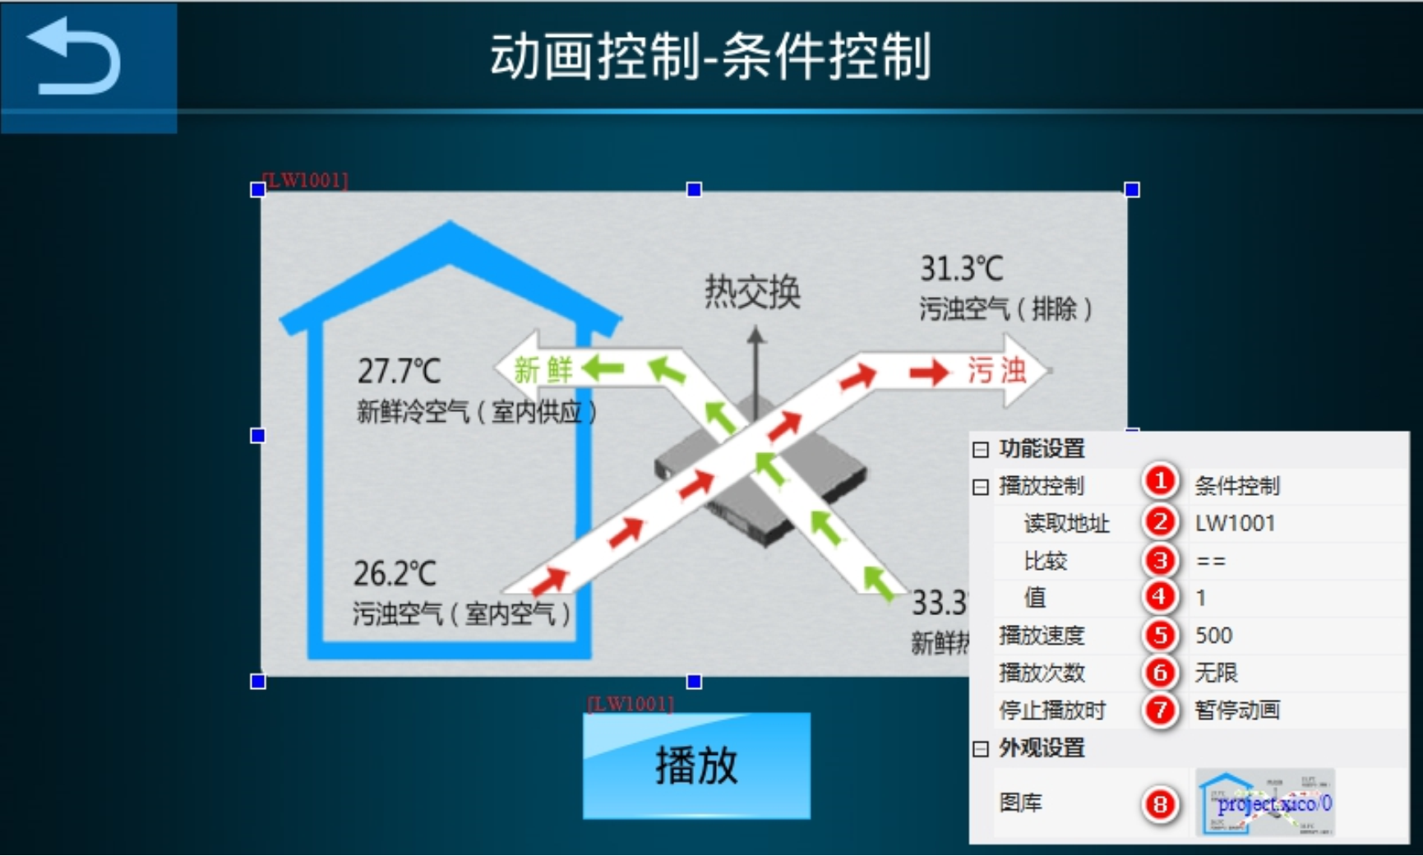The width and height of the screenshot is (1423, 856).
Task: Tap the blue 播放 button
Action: tap(696, 766)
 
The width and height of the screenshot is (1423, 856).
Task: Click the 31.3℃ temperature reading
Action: tap(961, 269)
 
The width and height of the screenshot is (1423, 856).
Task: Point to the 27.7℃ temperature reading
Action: tap(399, 371)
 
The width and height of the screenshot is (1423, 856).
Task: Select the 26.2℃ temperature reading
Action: tap(395, 573)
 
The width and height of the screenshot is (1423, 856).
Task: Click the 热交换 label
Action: tap(752, 292)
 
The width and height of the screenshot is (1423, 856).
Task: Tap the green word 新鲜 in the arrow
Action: tap(543, 369)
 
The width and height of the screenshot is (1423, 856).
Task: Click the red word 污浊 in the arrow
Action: tap(996, 371)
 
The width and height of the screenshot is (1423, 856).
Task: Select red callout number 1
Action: tap(1160, 481)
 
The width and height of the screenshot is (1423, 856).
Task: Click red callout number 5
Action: tap(1160, 635)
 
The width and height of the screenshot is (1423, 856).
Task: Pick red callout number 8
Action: tap(1160, 803)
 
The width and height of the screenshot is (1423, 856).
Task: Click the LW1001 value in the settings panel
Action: tap(1235, 523)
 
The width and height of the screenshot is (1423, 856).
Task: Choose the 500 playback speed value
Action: tap(1213, 635)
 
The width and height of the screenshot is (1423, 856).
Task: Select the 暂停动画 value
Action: tap(1236, 710)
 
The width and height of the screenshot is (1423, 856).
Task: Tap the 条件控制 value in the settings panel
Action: tap(1236, 486)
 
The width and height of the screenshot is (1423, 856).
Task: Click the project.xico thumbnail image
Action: tap(1265, 803)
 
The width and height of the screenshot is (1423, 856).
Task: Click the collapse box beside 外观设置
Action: tap(980, 748)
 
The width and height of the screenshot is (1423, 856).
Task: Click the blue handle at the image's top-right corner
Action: tap(1132, 190)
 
